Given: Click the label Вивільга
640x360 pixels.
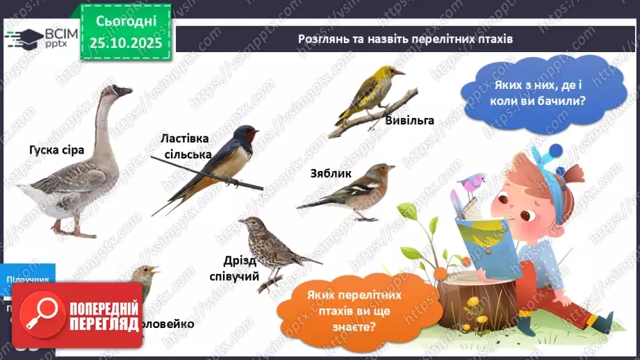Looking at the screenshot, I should (409, 120).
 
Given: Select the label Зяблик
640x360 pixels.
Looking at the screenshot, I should (331, 173).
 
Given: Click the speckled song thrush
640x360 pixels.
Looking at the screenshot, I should (271, 247).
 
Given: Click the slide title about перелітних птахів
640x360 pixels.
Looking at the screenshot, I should (404, 39).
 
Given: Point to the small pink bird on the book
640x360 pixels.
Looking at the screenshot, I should (473, 183).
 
